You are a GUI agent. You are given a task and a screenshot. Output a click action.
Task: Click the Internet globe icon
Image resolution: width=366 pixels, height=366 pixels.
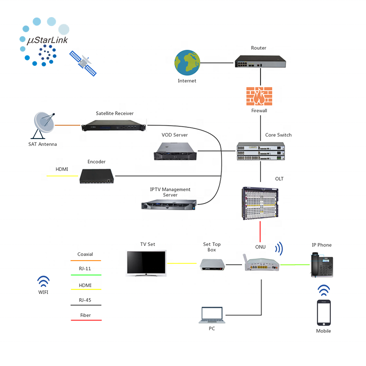point(187,62)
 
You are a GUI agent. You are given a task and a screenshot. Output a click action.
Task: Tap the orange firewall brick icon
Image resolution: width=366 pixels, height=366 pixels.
point(259,96)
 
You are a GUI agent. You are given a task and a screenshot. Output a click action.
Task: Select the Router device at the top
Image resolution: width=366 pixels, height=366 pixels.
point(260,61)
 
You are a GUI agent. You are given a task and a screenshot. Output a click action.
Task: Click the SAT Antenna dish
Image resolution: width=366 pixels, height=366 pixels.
point(43,125)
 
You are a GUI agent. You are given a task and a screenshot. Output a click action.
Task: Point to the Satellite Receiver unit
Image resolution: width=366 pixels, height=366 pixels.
point(113,125)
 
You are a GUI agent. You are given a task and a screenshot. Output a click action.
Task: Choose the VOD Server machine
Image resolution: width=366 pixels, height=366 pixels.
point(175,151)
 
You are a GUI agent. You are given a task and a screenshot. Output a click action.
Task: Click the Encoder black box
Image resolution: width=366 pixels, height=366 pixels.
point(97,176)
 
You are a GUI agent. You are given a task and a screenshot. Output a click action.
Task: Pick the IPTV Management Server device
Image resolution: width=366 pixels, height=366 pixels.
point(169,204)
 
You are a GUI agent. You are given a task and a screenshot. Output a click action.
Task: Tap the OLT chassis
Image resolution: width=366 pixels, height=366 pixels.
point(260,203)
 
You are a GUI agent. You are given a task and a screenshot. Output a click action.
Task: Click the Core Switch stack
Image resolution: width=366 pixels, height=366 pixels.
point(261,151)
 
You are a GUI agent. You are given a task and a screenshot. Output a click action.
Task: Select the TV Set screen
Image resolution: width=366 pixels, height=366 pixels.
point(146,264)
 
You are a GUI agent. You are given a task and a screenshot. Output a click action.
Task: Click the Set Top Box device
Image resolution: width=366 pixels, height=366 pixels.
point(212,264)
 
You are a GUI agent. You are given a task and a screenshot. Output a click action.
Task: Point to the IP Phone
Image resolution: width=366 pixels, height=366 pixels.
point(322,264)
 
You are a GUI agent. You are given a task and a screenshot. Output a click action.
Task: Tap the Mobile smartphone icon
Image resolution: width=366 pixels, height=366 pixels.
point(324,312)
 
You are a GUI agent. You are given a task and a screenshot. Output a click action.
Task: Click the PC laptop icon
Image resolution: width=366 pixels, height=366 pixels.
point(212,315)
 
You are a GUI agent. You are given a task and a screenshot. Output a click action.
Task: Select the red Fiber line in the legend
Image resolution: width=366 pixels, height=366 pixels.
point(86,320)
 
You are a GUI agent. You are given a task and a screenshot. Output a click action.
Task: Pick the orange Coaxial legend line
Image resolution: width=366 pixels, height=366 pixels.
point(86,260)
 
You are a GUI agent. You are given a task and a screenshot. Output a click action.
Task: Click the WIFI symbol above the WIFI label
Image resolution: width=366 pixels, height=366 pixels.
point(43,281)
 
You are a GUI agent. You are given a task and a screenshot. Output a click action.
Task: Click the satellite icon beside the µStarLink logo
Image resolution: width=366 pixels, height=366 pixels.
point(83,63)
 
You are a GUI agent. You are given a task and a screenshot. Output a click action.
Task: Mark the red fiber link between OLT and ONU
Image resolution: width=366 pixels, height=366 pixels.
point(260,231)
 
